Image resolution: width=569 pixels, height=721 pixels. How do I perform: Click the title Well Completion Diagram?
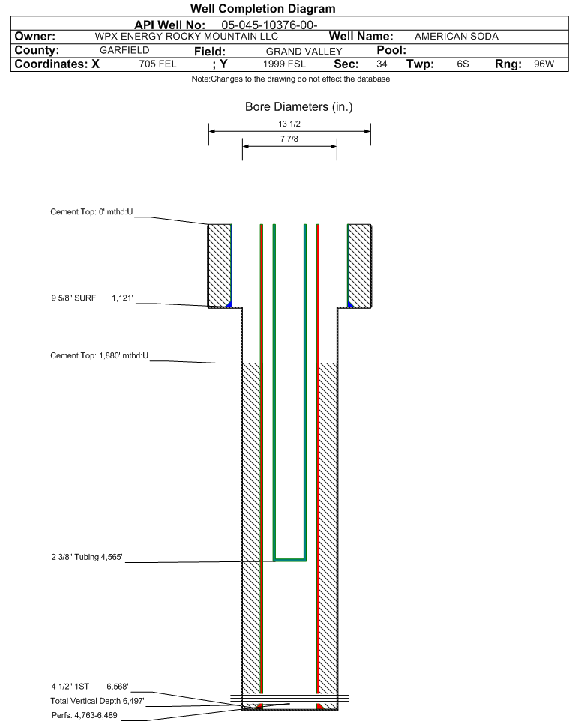[x=262, y=9]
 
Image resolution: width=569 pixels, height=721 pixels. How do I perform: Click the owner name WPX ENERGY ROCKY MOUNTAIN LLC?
[x=187, y=37]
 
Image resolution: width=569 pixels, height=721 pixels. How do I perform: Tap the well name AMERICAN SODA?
[x=456, y=37]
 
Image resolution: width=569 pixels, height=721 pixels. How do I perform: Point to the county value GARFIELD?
[x=124, y=50]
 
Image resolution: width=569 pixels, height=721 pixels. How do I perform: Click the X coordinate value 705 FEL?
[x=157, y=64]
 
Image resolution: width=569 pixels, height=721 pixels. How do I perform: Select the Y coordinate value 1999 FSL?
[x=285, y=64]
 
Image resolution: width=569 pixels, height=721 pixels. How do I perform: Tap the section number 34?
[x=382, y=64]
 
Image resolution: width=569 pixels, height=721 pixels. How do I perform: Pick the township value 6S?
[x=463, y=64]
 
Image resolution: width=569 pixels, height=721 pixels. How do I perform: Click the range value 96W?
[x=544, y=64]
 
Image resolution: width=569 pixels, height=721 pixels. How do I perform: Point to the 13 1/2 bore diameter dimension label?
[x=289, y=124]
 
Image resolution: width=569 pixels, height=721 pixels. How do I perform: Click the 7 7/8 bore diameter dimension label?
[x=289, y=139]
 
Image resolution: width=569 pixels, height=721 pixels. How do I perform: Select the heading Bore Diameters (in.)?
[x=298, y=107]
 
